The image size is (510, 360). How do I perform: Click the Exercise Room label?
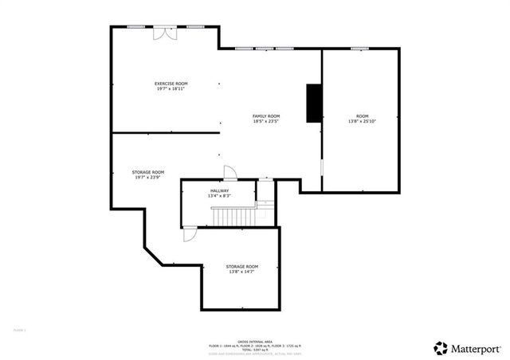point(171,84)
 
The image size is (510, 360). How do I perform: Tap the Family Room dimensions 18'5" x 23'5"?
point(266,122)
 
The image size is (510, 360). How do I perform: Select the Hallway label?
point(220,190)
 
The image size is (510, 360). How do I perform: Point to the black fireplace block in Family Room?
point(313,103)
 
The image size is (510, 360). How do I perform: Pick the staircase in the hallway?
point(230,216)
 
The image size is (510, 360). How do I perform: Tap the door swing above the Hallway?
point(229,172)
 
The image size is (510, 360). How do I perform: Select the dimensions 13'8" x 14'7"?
point(241,272)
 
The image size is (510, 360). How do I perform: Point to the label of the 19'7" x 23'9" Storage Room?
point(148,172)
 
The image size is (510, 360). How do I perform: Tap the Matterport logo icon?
point(440,348)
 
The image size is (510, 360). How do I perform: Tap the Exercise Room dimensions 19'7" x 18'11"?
point(171,89)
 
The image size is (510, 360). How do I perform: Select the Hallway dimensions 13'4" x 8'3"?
point(220,196)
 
